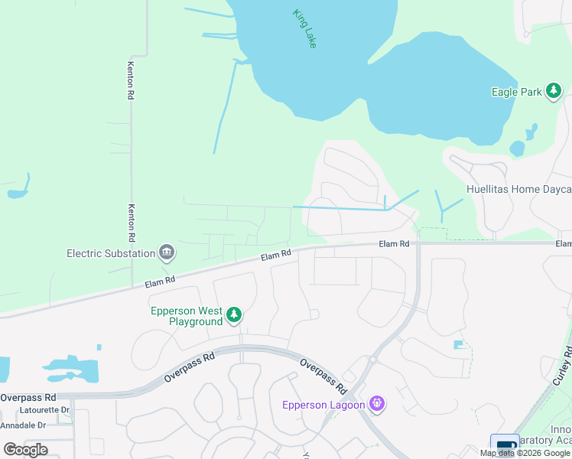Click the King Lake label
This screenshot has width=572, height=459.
tap(304, 28)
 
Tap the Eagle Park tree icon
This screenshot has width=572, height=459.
tap(553, 92)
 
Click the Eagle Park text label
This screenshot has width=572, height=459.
tap(515, 92)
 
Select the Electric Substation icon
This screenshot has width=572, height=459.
tap(166, 252)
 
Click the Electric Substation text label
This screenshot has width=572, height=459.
tap(110, 252)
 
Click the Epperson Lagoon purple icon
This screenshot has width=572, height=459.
tap(375, 403)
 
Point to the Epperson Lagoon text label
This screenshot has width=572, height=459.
tap(323, 405)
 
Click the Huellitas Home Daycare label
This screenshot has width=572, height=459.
tap(518, 189)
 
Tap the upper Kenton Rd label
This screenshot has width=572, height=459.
tap(131, 80)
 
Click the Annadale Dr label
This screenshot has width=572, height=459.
tap(23, 425)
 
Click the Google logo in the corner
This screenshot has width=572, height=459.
tap(25, 449)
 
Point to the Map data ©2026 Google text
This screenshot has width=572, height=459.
tap(525, 453)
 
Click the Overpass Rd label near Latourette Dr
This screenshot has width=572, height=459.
tap(28, 398)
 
